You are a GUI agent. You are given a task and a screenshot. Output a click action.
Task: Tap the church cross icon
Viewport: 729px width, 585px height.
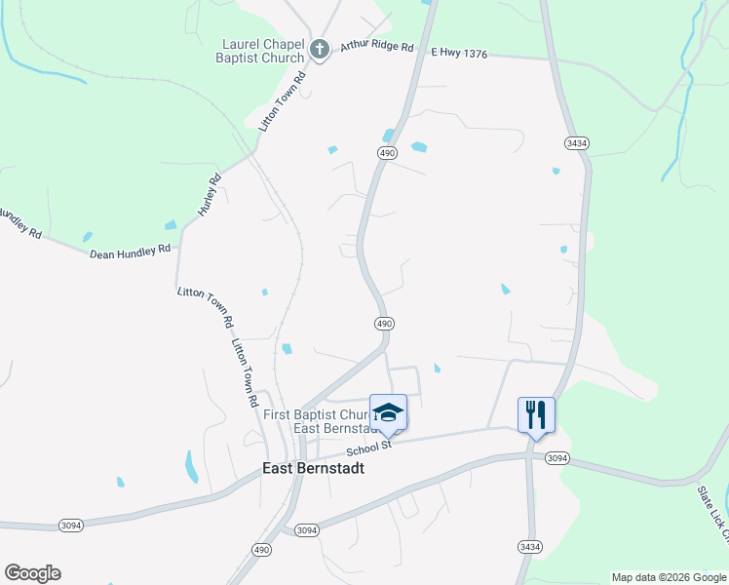click(x=319, y=48)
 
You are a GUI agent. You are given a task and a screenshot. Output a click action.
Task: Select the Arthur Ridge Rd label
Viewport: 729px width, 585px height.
click(x=376, y=47)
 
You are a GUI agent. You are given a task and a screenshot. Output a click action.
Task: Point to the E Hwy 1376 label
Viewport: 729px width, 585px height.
click(x=459, y=54)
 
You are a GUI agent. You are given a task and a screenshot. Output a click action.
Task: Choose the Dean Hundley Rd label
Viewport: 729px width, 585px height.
click(x=130, y=253)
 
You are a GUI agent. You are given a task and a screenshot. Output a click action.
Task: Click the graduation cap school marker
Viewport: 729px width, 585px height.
click(x=388, y=413)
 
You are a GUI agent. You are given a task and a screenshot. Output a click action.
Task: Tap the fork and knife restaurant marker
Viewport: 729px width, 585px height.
click(x=536, y=415)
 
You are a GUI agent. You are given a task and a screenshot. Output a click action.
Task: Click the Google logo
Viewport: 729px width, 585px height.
click(x=32, y=573)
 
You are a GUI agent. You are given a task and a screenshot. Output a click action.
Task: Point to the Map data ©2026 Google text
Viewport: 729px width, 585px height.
click(x=669, y=577)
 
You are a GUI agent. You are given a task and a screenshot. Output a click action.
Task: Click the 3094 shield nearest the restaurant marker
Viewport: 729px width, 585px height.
click(x=557, y=458)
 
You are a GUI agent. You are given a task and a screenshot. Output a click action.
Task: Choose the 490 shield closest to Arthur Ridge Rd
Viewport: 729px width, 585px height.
click(x=387, y=152)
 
